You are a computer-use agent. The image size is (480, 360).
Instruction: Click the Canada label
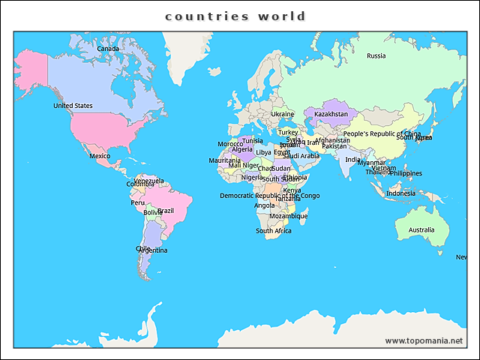[108, 49]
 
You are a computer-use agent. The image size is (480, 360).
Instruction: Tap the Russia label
[376, 55]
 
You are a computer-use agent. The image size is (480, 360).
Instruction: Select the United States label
[73, 106]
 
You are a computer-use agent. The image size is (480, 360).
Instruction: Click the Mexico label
[100, 156]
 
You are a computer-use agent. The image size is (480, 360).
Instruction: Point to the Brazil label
[165, 211]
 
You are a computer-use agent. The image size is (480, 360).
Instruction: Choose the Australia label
[421, 230]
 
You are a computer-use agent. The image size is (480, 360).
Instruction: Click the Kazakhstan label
[331, 114]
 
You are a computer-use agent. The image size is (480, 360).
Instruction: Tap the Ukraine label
[283, 114]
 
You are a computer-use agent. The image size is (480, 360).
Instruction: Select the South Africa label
[273, 231]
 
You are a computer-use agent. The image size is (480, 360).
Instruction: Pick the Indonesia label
[400, 193]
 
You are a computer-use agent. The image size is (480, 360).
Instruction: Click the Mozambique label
[288, 216]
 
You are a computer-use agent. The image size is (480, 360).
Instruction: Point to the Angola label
[265, 205]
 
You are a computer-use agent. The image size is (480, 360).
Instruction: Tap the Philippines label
[405, 173]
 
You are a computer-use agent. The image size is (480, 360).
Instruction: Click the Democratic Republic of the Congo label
[269, 196]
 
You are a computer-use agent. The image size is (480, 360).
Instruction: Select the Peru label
[138, 202]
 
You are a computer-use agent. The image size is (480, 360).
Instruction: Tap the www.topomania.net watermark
[424, 340]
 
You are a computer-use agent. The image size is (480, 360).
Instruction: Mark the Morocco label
[230, 144]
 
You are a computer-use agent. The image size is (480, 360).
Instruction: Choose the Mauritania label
[224, 160]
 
